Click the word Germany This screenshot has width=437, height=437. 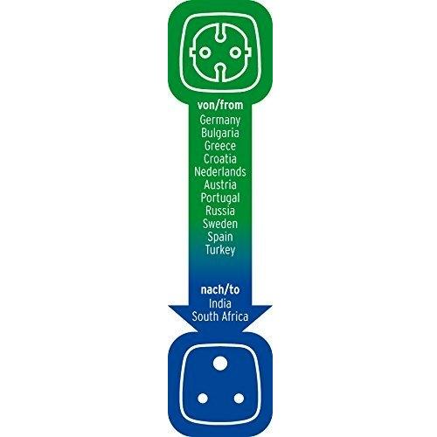(220, 121)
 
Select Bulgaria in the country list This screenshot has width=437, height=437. (220, 133)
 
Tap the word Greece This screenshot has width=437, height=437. (220, 146)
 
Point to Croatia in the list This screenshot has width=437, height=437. (220, 159)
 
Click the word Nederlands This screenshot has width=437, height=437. (220, 171)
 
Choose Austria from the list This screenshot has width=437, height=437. (220, 184)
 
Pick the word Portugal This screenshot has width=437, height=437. (220, 198)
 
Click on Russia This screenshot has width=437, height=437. (220, 211)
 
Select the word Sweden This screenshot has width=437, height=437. (220, 224)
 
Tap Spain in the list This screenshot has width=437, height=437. (220, 237)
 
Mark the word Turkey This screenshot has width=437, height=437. (220, 250)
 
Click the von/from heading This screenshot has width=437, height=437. (220, 106)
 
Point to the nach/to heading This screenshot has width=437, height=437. (220, 290)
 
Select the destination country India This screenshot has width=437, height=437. (220, 303)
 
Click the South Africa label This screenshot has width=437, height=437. (220, 316)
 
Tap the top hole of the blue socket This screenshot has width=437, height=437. (220, 364)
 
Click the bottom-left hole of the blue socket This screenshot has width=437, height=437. (203, 399)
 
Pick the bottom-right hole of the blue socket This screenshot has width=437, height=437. (239, 399)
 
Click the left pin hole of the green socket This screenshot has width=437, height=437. (205, 52)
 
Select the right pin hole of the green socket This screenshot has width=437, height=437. (235, 52)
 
